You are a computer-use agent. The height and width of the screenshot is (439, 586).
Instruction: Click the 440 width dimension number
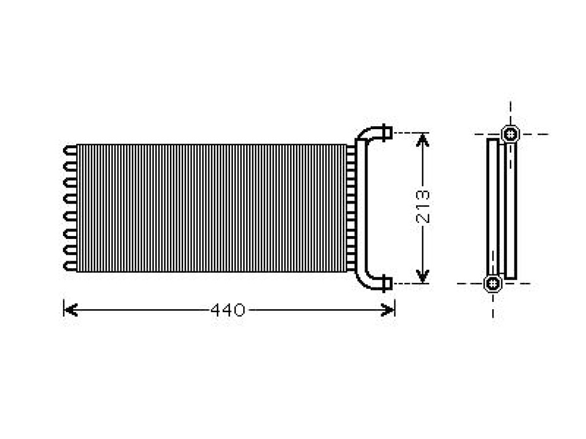pyautogui.click(x=228, y=310)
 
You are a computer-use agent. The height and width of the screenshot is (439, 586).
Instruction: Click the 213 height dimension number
pyautogui.click(x=423, y=206)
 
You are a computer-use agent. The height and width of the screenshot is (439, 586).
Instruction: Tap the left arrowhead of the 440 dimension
pyautogui.click(x=70, y=310)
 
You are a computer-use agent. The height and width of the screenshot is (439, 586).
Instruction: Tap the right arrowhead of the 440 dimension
pyautogui.click(x=388, y=310)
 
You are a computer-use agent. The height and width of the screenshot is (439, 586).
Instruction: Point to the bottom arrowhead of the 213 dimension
pyautogui.click(x=422, y=276)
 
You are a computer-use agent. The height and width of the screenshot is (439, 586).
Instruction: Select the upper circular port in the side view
pyautogui.click(x=510, y=134)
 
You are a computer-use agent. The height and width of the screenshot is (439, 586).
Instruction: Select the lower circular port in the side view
pyautogui.click(x=493, y=284)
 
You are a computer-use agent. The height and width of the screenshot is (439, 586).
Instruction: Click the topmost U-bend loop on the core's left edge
pyautogui.click(x=70, y=150)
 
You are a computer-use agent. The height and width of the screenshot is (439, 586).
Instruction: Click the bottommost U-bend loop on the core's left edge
pyautogui.click(x=70, y=266)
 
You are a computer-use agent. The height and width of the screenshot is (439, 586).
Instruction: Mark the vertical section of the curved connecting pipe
pyautogui.click(x=361, y=208)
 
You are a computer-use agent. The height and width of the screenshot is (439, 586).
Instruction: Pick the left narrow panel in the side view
pyautogui.click(x=493, y=207)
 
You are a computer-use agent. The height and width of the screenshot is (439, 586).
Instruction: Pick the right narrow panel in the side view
pyautogui.click(x=510, y=210)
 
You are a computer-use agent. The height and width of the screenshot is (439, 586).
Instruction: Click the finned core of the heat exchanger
pyautogui.click(x=212, y=208)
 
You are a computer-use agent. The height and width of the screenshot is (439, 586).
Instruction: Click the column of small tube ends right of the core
pyautogui.click(x=351, y=208)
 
